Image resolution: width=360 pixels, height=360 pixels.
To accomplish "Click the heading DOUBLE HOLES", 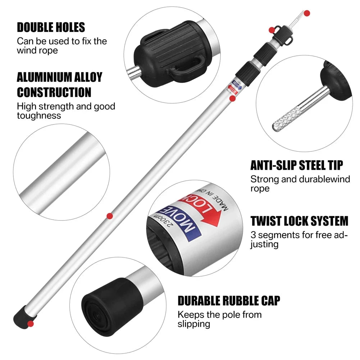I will pyautogui.click(x=51, y=27).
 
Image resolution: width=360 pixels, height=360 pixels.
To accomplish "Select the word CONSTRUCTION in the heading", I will pyautogui.click(x=54, y=92).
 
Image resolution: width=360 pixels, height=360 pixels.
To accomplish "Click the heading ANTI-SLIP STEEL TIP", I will pyautogui.click(x=297, y=165).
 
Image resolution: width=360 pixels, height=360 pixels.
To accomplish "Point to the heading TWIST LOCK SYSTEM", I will pyautogui.click(x=299, y=220).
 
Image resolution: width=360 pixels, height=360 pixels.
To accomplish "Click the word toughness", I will pyautogui.click(x=39, y=115).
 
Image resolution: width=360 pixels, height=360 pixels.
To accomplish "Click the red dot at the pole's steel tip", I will pyautogui.click(x=307, y=13).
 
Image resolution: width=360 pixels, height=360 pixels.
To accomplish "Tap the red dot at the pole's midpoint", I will pyautogui.click(x=110, y=216).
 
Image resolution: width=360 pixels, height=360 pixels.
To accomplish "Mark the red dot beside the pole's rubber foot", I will pyautogui.click(x=31, y=324).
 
